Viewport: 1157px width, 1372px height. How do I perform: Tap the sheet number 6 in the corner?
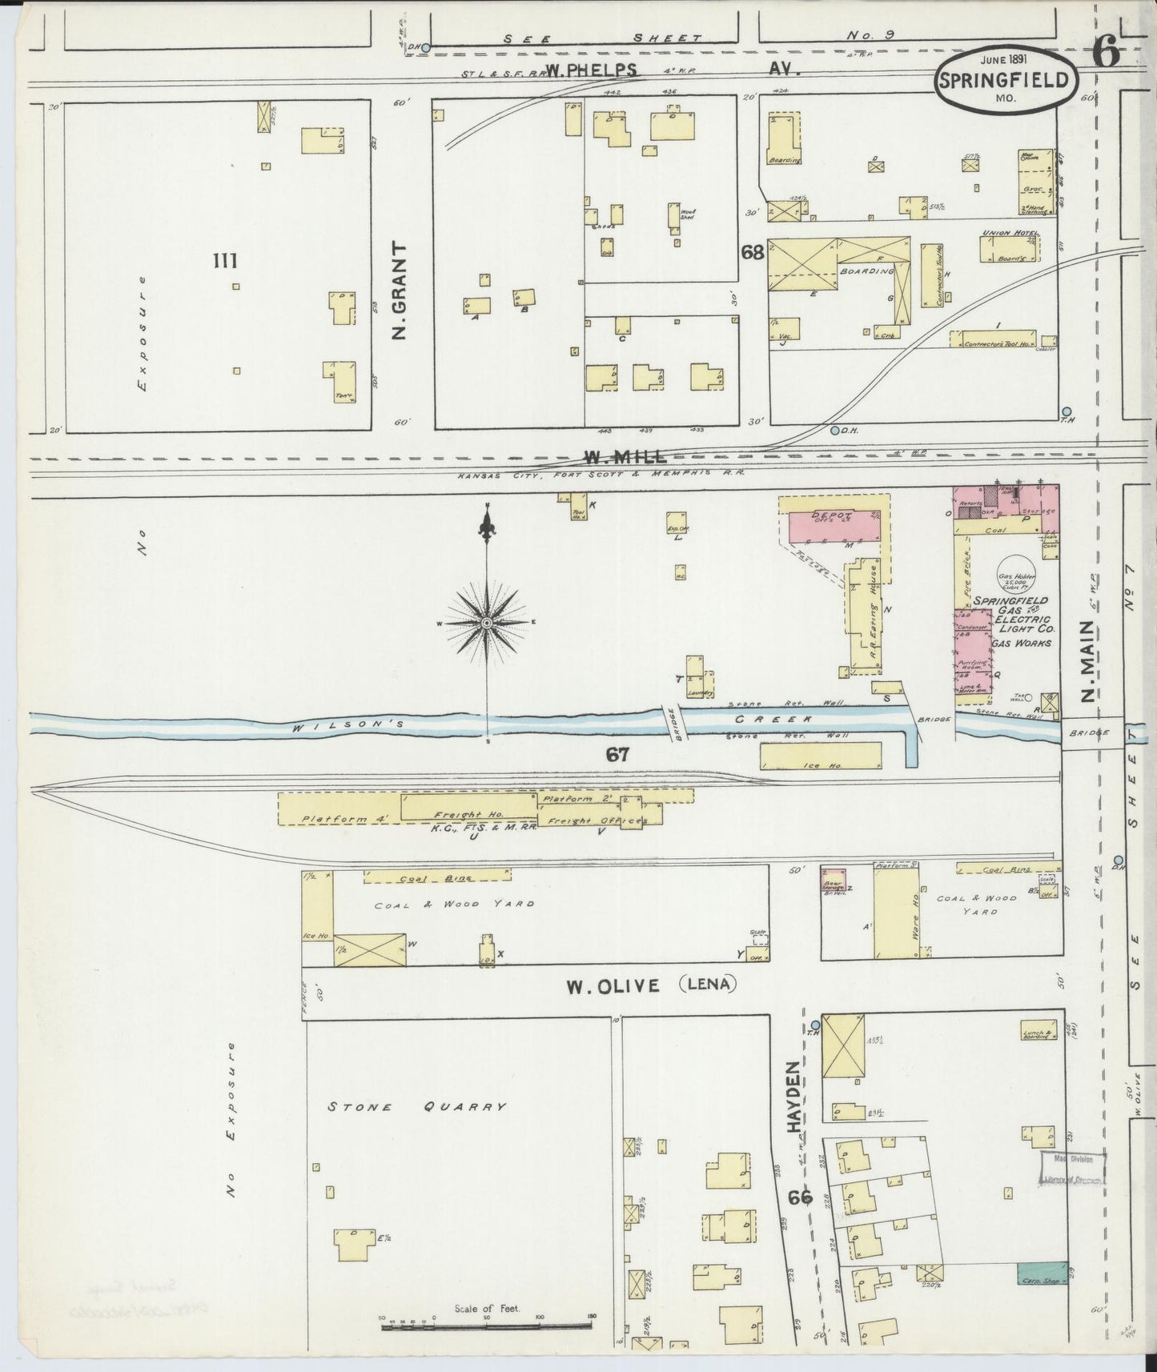click(x=1104, y=55)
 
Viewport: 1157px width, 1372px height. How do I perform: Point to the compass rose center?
click(x=487, y=623)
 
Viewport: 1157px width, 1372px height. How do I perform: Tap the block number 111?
click(x=225, y=260)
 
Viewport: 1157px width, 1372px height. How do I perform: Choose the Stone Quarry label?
click(x=416, y=1107)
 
